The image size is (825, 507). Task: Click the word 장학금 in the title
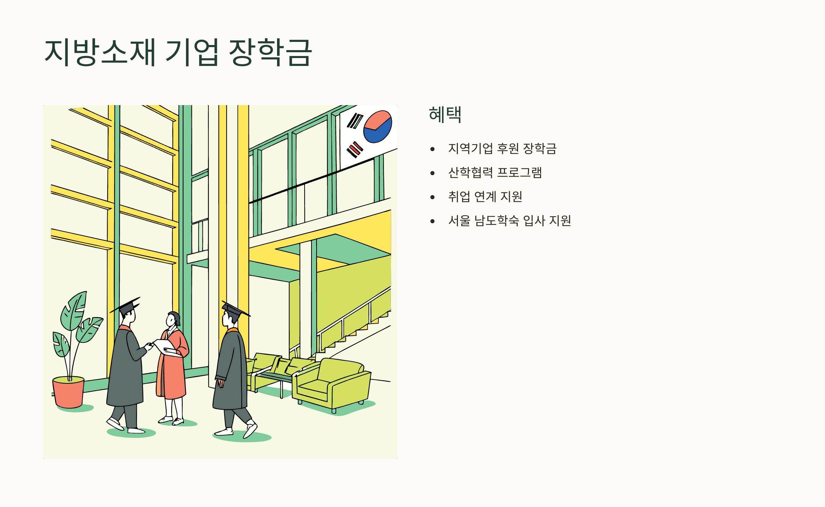[270, 52]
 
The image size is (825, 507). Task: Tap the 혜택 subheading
[445, 114]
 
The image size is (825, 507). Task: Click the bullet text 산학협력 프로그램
[495, 172]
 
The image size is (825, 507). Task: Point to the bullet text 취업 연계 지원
[485, 196]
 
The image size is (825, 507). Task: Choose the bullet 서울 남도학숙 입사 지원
[509, 221]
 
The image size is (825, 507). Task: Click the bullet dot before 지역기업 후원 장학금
[432, 149]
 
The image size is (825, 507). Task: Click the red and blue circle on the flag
[378, 126]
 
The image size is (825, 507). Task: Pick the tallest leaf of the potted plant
[74, 311]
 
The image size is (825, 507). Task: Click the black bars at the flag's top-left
[355, 121]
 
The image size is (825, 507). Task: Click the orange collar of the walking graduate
[233, 330]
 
